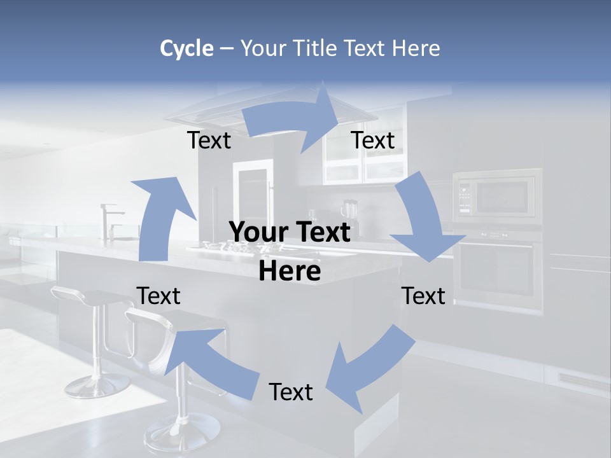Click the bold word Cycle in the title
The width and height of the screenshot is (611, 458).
(186, 48)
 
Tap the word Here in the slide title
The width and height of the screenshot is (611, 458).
(416, 48)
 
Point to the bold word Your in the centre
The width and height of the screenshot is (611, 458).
(255, 233)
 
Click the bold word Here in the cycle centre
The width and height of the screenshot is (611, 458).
(290, 272)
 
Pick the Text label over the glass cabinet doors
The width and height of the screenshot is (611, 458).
(373, 141)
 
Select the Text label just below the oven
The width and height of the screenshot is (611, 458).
(423, 296)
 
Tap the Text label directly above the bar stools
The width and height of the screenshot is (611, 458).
(158, 296)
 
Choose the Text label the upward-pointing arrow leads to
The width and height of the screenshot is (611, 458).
(209, 141)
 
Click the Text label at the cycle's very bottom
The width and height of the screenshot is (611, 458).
(291, 392)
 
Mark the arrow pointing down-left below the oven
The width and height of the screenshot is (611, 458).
(369, 369)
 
